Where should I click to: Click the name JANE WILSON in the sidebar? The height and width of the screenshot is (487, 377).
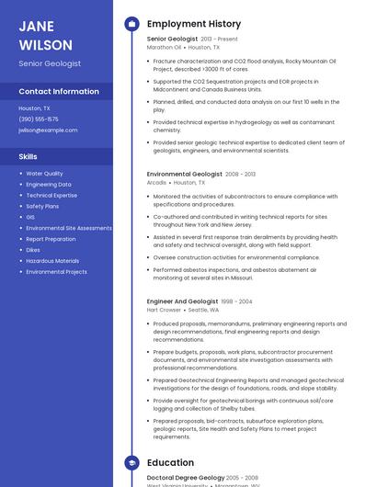45,35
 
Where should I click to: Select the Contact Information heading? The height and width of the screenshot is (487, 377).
59,91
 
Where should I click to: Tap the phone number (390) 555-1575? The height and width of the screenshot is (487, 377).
39,119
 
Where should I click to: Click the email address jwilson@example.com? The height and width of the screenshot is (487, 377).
48,130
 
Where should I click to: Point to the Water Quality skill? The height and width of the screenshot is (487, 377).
44,173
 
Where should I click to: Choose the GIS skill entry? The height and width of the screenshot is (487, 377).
30,217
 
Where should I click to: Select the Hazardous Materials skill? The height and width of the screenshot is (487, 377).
52,261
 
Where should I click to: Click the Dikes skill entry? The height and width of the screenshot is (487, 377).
33,250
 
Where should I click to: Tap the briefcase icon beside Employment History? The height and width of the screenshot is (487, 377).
131,24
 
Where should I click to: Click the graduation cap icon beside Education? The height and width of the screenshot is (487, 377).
131,463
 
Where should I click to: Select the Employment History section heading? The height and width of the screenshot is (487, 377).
193,24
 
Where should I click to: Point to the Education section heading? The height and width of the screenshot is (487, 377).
170,463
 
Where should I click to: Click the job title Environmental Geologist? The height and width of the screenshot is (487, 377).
184,174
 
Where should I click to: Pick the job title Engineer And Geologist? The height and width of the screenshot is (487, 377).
182,301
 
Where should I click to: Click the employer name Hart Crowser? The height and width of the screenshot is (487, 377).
165,310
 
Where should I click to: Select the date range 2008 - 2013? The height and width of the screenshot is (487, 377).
241,174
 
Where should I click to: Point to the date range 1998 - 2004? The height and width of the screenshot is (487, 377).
237,301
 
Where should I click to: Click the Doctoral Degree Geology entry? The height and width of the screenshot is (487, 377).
184,479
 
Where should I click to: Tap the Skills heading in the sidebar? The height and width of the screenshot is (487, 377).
28,156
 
